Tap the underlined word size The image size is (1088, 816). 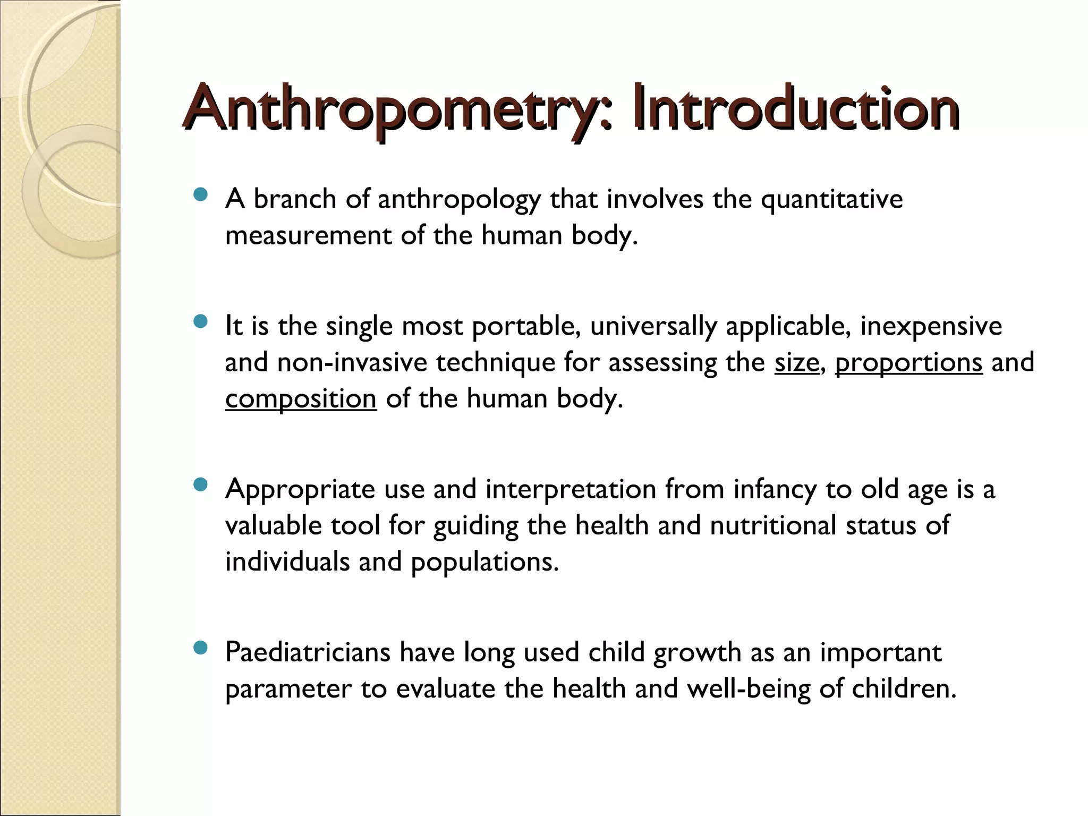click(796, 362)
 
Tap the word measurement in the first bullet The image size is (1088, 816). click(308, 235)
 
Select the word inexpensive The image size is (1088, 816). click(931, 326)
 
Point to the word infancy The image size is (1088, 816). click(775, 490)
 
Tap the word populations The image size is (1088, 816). click(484, 562)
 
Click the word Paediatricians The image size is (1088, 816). click(308, 652)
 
